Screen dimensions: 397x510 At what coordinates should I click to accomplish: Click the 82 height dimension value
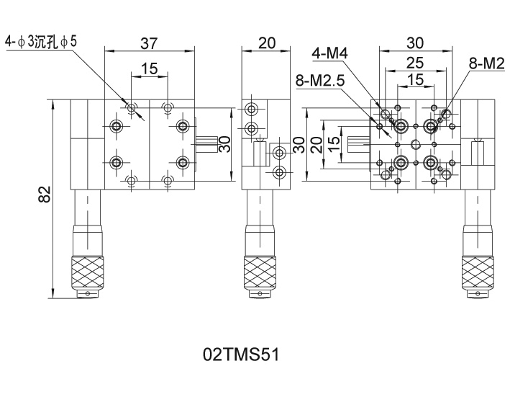(x=45, y=195)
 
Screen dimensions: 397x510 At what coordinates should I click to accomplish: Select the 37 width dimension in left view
(x=149, y=43)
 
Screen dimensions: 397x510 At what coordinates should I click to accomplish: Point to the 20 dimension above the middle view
(x=266, y=43)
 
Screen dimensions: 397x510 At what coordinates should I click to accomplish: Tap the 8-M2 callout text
(x=486, y=63)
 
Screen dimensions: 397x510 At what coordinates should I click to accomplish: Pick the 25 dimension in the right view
(x=415, y=64)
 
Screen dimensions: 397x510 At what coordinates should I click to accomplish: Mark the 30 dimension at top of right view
(x=415, y=43)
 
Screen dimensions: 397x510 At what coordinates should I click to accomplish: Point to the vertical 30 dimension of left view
(x=224, y=144)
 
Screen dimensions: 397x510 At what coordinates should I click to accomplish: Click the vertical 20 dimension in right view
(x=316, y=144)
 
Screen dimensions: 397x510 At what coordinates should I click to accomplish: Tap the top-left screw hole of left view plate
(x=116, y=127)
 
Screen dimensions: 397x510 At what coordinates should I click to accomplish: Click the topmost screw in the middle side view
(x=251, y=110)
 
